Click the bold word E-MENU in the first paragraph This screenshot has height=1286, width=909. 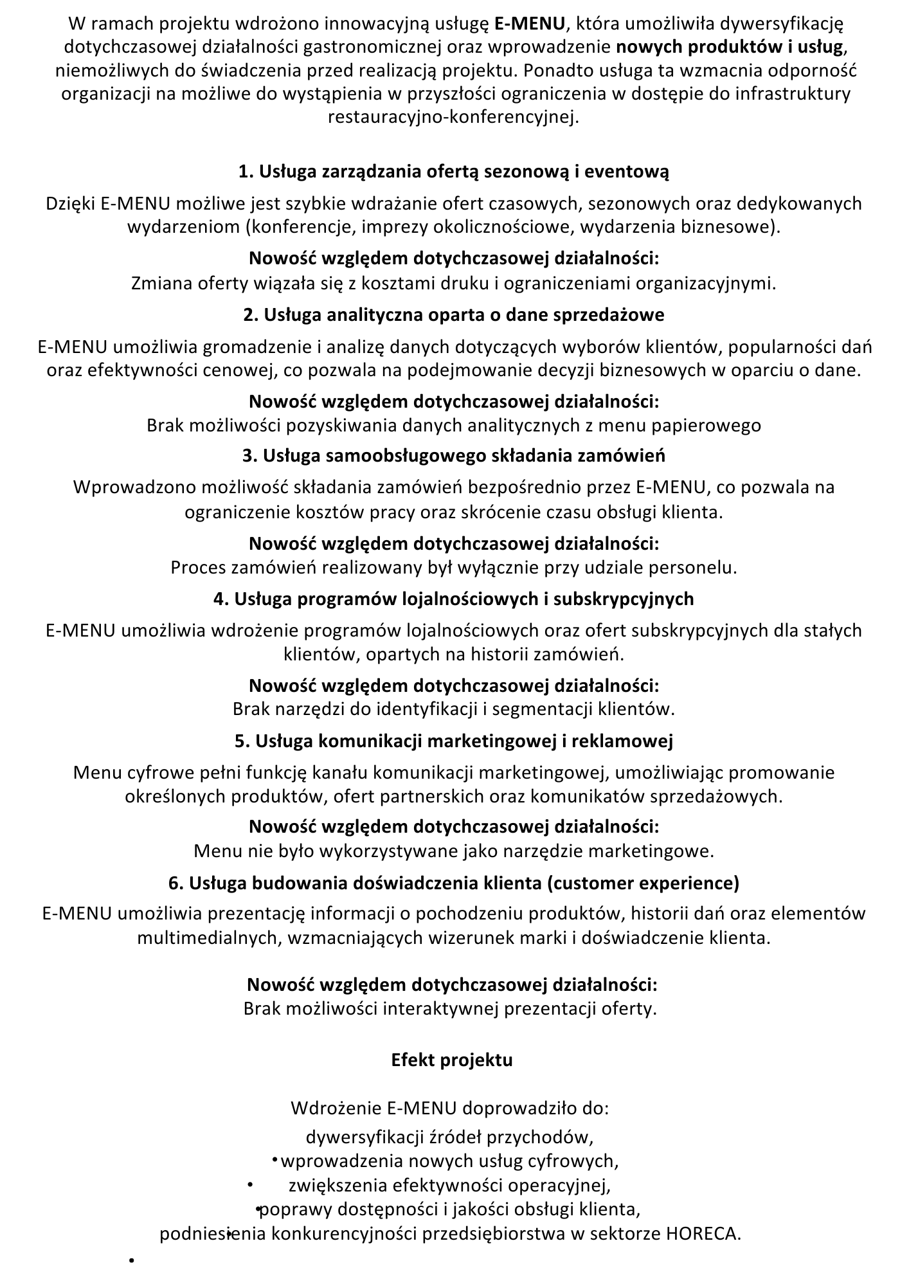click(530, 24)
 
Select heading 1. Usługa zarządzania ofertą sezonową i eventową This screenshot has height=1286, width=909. click(454, 172)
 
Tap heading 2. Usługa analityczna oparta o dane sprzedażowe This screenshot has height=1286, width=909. click(454, 315)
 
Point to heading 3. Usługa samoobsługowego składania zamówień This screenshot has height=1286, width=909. click(454, 456)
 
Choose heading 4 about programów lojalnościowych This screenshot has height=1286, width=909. click(454, 599)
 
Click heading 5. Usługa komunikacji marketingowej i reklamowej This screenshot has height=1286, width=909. click(454, 741)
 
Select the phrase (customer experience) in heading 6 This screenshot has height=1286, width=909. click(643, 883)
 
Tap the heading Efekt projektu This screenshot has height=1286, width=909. click(452, 1060)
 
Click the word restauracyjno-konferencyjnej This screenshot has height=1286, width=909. click(454, 117)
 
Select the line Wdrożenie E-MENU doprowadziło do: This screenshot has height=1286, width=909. click(450, 1109)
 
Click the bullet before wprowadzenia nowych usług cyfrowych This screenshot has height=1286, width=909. click(274, 1159)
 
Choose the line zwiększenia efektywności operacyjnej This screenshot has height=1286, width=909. click(449, 1185)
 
